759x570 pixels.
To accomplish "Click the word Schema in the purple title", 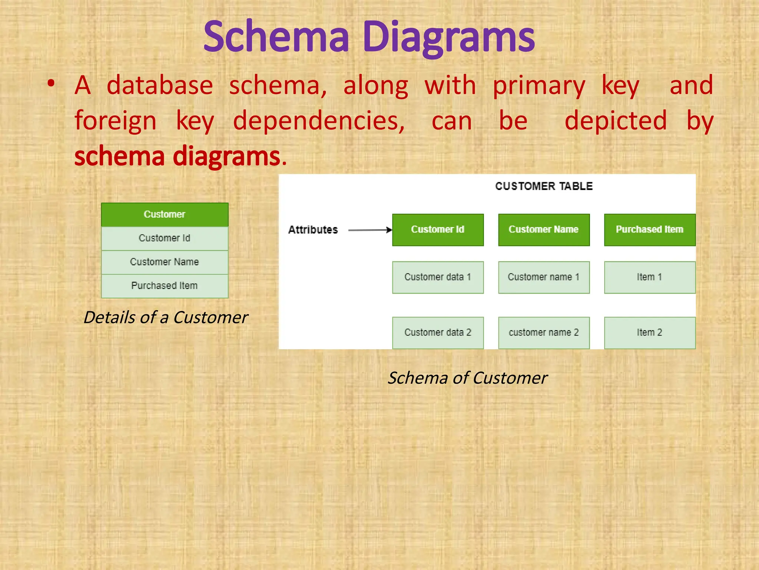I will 276,37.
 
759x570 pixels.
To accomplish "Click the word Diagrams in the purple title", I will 448,37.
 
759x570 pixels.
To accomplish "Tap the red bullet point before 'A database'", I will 51,84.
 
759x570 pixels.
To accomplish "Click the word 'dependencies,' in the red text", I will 319,121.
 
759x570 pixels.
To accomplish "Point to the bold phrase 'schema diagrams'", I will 177,156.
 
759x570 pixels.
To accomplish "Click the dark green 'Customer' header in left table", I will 165,214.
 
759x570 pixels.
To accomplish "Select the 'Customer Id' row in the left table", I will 165,238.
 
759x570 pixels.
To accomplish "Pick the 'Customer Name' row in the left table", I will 165,262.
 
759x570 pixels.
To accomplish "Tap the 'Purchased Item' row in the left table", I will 165,286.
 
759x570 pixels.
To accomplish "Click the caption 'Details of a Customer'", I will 166,318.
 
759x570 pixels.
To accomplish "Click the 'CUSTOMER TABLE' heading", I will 544,186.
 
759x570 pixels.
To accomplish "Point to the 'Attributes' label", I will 313,230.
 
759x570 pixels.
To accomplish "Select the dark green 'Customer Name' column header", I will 544,230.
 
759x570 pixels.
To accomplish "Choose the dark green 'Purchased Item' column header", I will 649,230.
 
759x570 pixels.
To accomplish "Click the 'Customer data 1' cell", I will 438,277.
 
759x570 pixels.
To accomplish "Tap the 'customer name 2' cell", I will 544,332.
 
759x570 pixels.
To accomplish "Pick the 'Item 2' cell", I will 649,332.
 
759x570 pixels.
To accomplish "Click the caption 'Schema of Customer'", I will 467,378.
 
